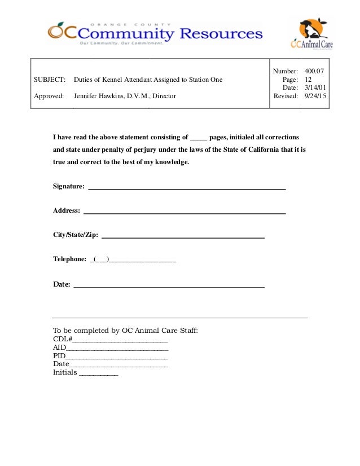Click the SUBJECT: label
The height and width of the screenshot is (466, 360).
point(50,80)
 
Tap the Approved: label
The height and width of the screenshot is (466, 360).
point(49,96)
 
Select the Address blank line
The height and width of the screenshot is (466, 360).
point(185,212)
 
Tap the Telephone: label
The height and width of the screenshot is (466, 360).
point(69,260)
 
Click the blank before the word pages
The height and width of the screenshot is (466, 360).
point(199,138)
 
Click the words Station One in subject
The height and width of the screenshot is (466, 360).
point(204,80)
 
